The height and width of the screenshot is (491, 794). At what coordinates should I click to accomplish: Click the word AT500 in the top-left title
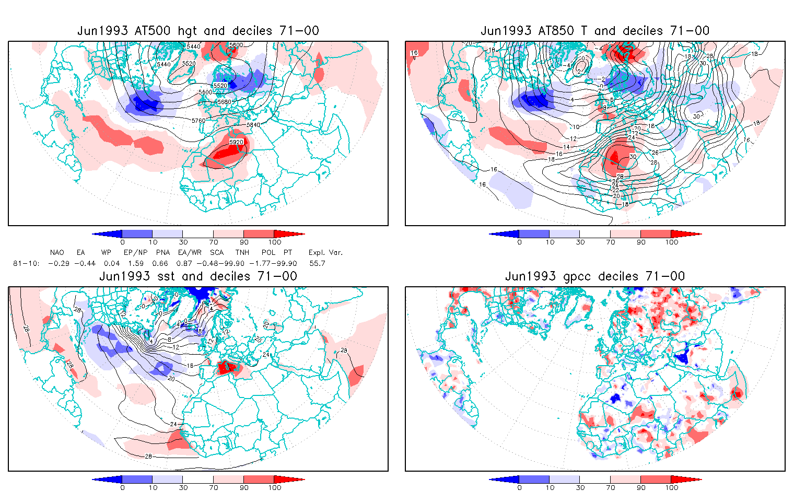coord(151,31)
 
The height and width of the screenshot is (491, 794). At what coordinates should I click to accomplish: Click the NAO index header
coord(57,253)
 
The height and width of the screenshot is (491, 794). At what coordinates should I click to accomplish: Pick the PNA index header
coord(163,253)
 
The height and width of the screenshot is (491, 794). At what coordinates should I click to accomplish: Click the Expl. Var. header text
coord(325,253)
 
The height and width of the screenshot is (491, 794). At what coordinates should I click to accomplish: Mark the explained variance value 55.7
coord(317,264)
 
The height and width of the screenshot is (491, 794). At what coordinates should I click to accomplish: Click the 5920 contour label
coord(236,142)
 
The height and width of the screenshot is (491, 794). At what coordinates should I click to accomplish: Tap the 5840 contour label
coord(253,125)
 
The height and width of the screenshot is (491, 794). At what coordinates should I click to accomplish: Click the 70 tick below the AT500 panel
coord(213,242)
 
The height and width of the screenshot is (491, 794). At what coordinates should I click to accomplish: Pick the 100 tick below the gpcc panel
coord(671,488)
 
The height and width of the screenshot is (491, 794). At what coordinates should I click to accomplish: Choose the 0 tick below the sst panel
coord(122,488)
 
